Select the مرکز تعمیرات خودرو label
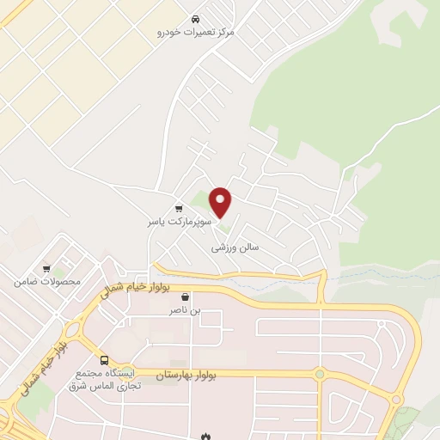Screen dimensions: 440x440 point(196,31)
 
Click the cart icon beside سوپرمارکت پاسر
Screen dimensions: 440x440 point(179,208)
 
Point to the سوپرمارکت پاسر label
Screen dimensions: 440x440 point(177,221)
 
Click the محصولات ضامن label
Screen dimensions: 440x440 point(47,281)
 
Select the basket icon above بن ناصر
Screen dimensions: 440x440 point(186,296)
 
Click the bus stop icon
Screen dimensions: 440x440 point(104,360)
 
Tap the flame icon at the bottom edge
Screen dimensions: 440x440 point(205,436)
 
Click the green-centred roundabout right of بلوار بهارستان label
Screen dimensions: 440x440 point(320,374)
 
